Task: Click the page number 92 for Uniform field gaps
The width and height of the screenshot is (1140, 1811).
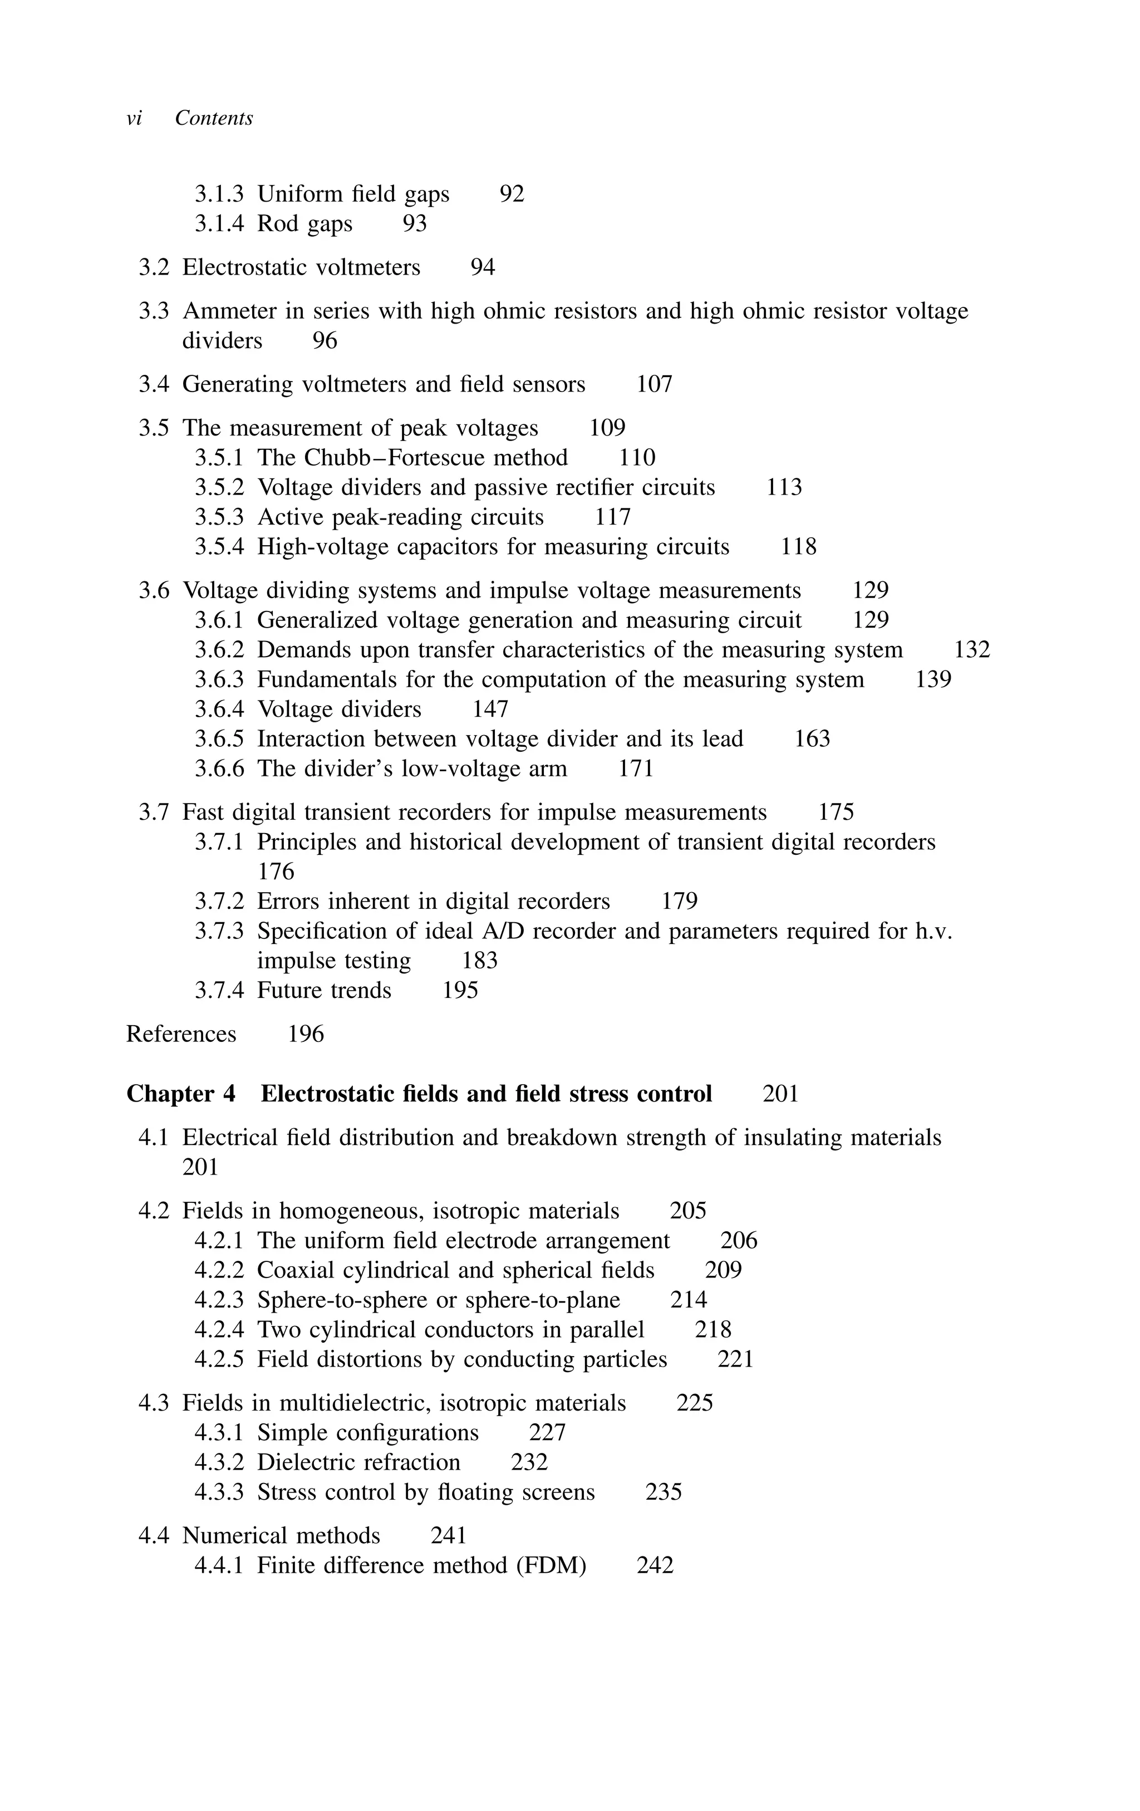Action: [512, 194]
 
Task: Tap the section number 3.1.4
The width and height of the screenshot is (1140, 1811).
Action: [219, 223]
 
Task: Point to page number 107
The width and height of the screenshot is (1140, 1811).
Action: [654, 384]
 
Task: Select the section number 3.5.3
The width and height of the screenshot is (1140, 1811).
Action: [219, 517]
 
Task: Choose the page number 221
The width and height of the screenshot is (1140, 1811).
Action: [735, 1359]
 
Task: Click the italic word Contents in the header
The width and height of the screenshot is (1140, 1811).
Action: [214, 118]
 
